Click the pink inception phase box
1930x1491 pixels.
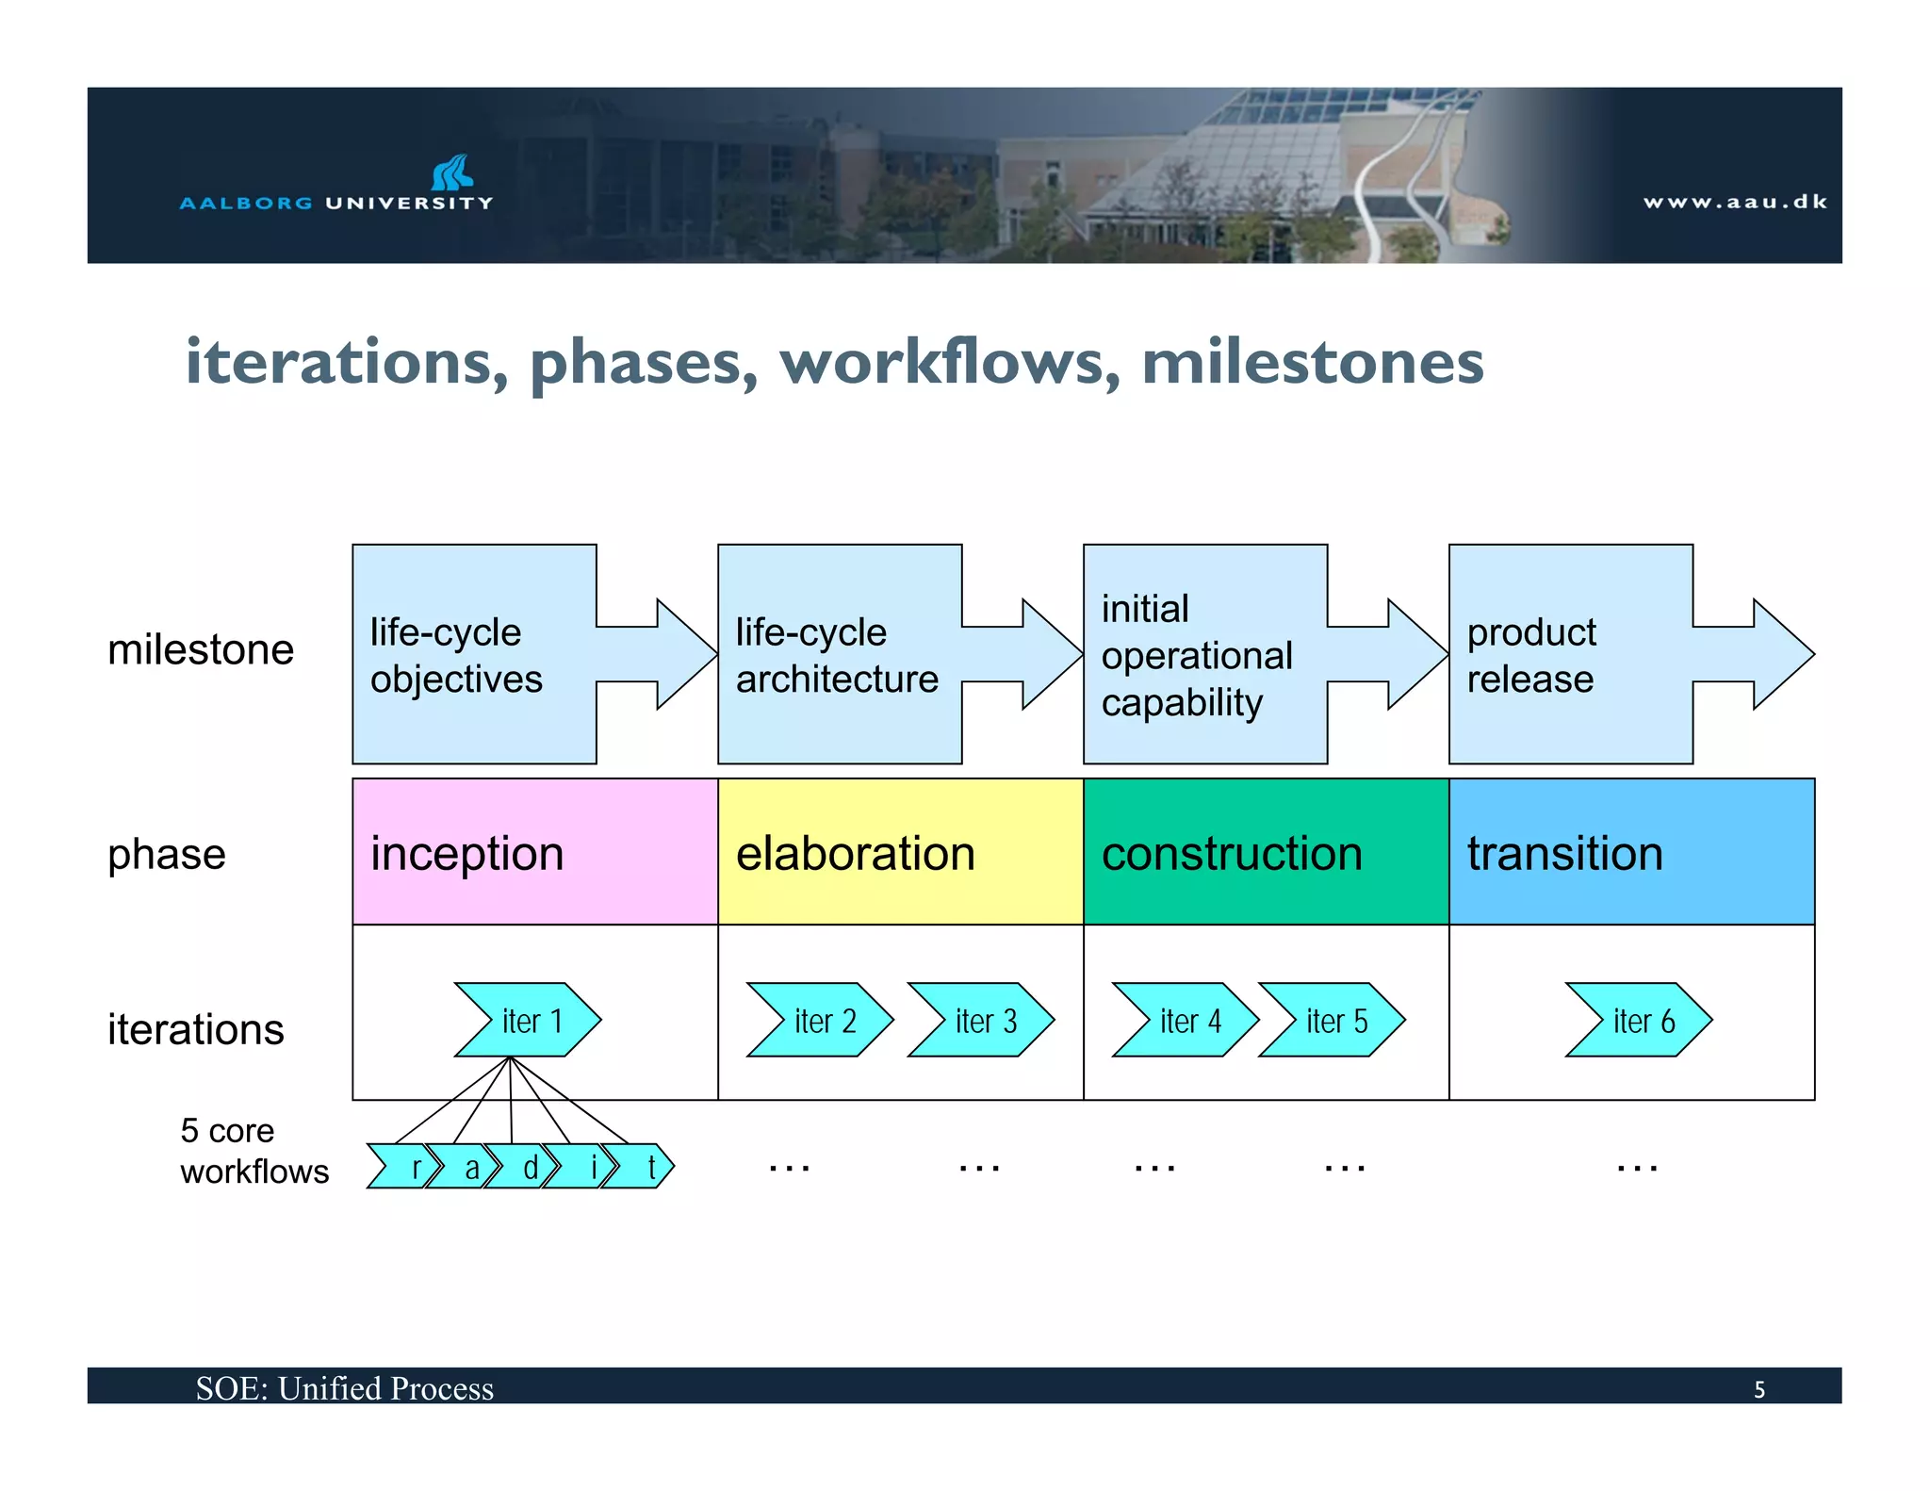pyautogui.click(x=534, y=852)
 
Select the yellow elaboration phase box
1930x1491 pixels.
pyautogui.click(x=900, y=852)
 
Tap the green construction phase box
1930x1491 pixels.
pyautogui.click(x=1266, y=852)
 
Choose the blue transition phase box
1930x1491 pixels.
pyautogui.click(x=1631, y=852)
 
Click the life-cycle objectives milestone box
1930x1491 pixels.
pyautogui.click(x=474, y=654)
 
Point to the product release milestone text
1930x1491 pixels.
pyautogui.click(x=1530, y=655)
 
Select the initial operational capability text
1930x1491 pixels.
pyautogui.click(x=1196, y=655)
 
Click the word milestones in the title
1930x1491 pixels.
pyautogui.click(x=1312, y=362)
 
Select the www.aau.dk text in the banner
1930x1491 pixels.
pyautogui.click(x=1735, y=202)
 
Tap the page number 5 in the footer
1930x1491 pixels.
pyautogui.click(x=1758, y=1389)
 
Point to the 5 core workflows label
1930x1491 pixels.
pyautogui.click(x=254, y=1151)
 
